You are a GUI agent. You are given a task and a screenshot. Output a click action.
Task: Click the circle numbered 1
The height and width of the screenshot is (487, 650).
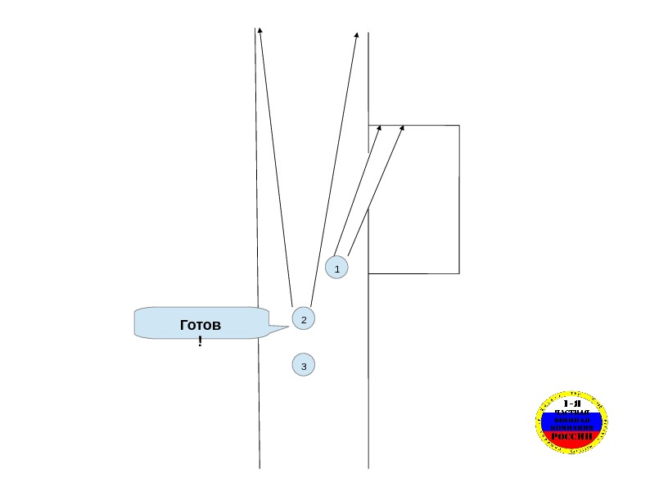pyautogui.click(x=336, y=268)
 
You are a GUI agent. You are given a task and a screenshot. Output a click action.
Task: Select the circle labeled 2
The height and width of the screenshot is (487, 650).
pyautogui.click(x=304, y=318)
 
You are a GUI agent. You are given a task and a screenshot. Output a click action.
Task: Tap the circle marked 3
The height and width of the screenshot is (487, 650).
pyautogui.click(x=304, y=365)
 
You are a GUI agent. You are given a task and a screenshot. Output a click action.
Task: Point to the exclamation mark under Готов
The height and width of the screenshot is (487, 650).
pyautogui.click(x=200, y=340)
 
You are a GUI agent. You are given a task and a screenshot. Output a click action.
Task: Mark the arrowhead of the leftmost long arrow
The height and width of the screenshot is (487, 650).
pyautogui.click(x=260, y=29)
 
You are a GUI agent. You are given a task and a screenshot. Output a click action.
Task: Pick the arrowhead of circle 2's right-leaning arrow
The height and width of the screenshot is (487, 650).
pyautogui.click(x=357, y=35)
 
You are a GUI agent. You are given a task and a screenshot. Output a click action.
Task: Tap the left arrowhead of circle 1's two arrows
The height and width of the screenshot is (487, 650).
pyautogui.click(x=380, y=127)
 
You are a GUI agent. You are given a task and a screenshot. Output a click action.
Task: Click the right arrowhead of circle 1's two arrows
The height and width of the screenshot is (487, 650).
pyautogui.click(x=404, y=127)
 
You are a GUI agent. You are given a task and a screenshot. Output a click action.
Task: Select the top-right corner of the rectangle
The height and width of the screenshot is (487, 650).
pyautogui.click(x=458, y=125)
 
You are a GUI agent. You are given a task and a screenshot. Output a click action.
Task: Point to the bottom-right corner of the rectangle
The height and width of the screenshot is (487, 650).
pyautogui.click(x=458, y=273)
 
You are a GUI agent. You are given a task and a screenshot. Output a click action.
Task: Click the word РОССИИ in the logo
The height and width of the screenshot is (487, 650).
pyautogui.click(x=571, y=436)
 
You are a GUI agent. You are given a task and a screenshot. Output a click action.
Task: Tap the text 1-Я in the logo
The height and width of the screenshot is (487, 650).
pyautogui.click(x=571, y=404)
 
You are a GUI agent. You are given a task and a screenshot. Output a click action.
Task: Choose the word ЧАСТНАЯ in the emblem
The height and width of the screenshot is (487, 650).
pyautogui.click(x=571, y=412)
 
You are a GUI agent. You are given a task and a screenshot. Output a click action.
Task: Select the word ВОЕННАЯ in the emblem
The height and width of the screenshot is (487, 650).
pyautogui.click(x=571, y=420)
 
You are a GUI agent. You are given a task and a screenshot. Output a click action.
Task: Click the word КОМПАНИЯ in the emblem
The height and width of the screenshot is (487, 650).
pyautogui.click(x=571, y=427)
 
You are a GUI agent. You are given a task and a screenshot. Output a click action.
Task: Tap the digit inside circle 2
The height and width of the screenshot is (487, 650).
pyautogui.click(x=304, y=319)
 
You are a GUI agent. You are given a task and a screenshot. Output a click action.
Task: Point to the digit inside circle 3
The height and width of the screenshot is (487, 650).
pyautogui.click(x=304, y=366)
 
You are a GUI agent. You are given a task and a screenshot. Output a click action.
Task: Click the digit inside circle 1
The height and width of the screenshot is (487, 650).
pyautogui.click(x=336, y=268)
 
